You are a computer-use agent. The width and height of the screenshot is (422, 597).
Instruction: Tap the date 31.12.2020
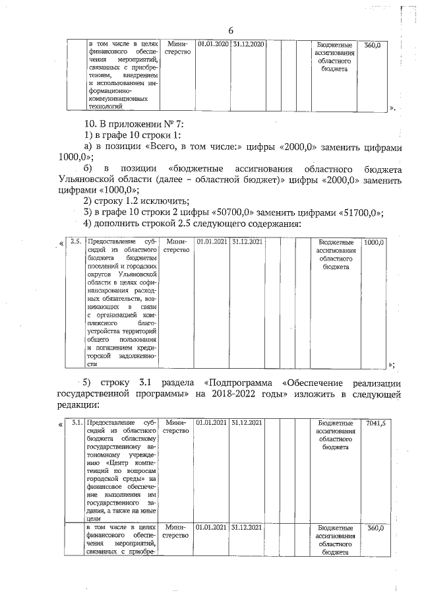(248, 44)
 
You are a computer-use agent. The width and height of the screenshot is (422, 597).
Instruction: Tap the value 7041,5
(374, 422)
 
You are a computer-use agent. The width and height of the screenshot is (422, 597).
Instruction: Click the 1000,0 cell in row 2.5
(374, 242)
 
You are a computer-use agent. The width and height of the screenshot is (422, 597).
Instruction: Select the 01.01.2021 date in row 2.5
(212, 242)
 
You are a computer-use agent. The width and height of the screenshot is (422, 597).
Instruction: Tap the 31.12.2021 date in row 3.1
(247, 422)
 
